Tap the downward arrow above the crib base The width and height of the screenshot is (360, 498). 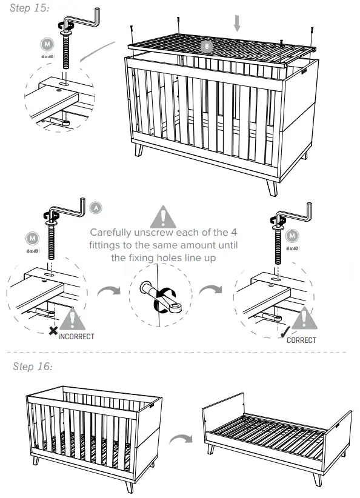[x=237, y=23]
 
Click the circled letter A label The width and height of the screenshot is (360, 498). [x=96, y=207]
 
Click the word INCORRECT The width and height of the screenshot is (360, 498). [x=76, y=336]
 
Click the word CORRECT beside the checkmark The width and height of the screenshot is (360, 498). [x=301, y=340]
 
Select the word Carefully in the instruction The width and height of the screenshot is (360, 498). [x=111, y=233]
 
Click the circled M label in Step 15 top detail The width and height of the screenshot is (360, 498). [x=45, y=44]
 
